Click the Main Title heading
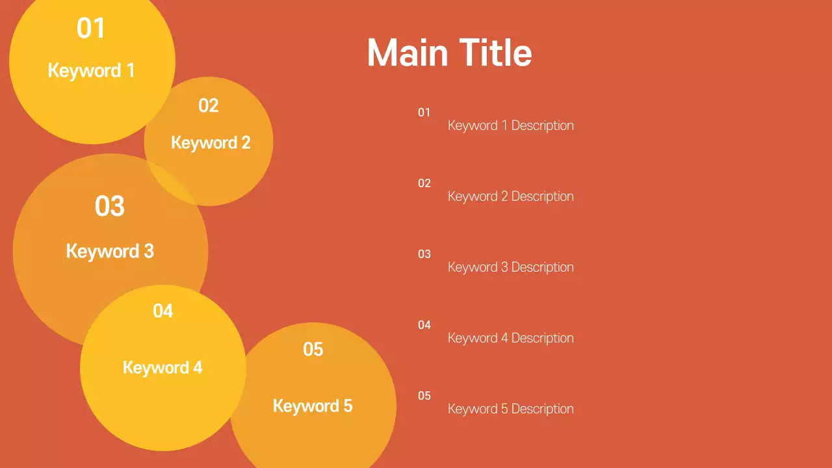(449, 53)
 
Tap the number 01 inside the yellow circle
(91, 29)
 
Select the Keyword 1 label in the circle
(91, 70)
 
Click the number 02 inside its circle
(209, 105)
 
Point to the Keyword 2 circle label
(211, 142)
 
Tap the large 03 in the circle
(110, 206)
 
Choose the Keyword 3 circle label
(110, 251)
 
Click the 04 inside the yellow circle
(163, 311)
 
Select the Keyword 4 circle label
(162, 367)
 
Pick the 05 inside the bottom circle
(313, 349)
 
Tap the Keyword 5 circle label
(313, 406)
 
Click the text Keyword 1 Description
(511, 125)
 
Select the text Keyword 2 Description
(511, 196)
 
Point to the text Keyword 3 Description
(511, 267)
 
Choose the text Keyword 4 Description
(511, 338)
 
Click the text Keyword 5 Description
(511, 409)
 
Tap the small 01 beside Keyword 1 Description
(424, 112)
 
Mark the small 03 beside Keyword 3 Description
(424, 254)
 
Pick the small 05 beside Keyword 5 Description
(424, 396)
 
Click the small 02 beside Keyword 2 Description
(424, 183)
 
